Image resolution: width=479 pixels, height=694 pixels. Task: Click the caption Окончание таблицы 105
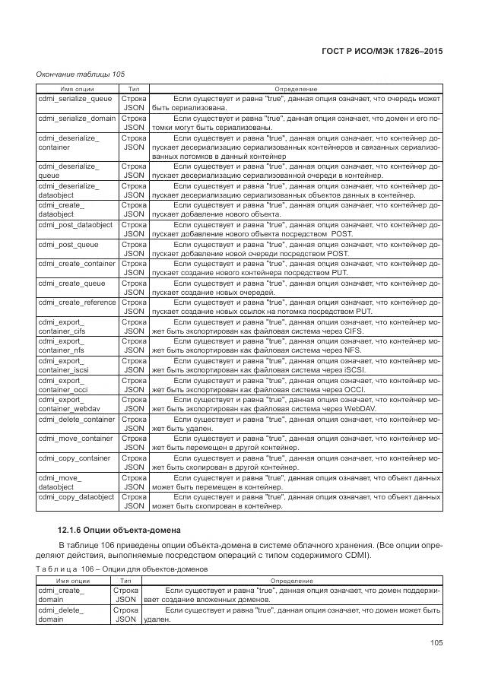click(81, 74)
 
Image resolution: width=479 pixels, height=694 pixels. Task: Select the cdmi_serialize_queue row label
click(75, 99)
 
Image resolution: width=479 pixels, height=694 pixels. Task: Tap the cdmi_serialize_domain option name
click(77, 119)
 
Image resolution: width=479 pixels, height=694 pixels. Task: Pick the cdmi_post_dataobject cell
click(75, 225)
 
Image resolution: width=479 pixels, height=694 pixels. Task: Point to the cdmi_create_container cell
click(77, 264)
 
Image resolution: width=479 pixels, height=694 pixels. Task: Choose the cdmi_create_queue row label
click(71, 283)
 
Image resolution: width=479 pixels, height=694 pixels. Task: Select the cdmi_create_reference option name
click(77, 303)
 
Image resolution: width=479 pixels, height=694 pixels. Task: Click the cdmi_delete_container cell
click(77, 419)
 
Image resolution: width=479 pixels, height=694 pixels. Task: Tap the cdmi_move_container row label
click(75, 439)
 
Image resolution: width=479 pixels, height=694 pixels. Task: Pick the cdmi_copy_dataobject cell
click(77, 497)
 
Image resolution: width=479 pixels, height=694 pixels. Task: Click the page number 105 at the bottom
click(436, 643)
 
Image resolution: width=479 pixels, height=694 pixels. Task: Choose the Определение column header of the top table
click(296, 89)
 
